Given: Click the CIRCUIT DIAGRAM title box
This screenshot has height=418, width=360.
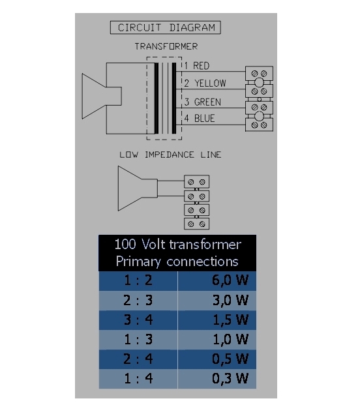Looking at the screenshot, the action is point(166,27).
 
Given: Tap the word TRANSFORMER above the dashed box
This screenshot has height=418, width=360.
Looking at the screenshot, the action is point(166,46).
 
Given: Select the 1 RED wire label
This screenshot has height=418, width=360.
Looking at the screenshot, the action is point(197,66).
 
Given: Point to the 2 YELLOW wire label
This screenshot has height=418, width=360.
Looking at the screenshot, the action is point(205,83).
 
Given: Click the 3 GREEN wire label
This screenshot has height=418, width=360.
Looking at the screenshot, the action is point(203,102).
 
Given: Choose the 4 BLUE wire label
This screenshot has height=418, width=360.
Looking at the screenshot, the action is point(200,119).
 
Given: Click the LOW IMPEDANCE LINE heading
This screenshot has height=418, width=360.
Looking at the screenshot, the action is point(170,155).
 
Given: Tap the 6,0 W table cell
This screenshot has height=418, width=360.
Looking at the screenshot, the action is point(217,280).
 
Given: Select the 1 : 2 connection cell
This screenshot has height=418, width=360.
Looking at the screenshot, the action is point(138,280).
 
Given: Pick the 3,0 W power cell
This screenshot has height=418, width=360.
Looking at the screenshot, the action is point(217,301).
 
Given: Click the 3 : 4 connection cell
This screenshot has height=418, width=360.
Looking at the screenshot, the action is point(138,320).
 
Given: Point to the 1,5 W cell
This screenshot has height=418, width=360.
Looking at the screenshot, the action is point(217,320).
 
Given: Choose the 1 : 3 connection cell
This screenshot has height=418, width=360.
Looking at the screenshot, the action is point(138,340).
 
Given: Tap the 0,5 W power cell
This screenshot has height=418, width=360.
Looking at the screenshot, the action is point(217,359).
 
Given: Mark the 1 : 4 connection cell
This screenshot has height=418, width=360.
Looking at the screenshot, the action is point(138,379).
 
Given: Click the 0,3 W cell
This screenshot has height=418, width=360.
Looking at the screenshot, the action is point(217,379).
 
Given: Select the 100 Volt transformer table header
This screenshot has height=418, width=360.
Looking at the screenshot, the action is point(177,253).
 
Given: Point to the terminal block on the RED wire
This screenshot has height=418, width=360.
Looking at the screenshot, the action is point(259,73).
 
